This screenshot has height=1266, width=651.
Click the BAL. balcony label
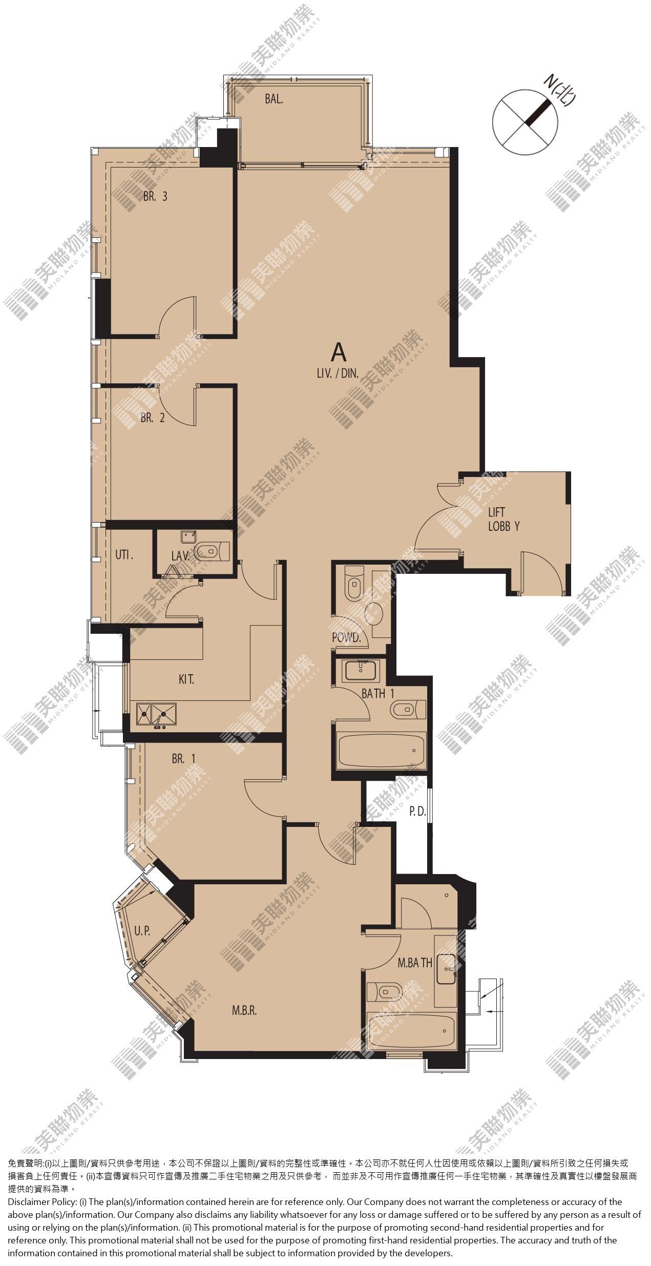[x=274, y=99]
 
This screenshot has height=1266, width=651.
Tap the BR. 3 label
[x=155, y=196]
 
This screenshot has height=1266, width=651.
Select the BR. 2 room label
[x=153, y=418]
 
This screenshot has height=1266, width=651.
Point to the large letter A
[x=339, y=352]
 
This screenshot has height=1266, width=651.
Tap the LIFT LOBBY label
[x=504, y=518]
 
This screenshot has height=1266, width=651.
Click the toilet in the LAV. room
[x=214, y=551]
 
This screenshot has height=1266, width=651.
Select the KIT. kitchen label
[x=186, y=680]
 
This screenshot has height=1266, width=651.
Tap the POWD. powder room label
[x=347, y=638]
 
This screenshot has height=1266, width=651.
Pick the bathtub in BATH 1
[x=382, y=751]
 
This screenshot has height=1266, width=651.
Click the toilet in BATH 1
[x=408, y=709]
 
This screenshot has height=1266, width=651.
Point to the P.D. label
[x=417, y=812]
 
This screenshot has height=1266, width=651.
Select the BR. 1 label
[x=184, y=759]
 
